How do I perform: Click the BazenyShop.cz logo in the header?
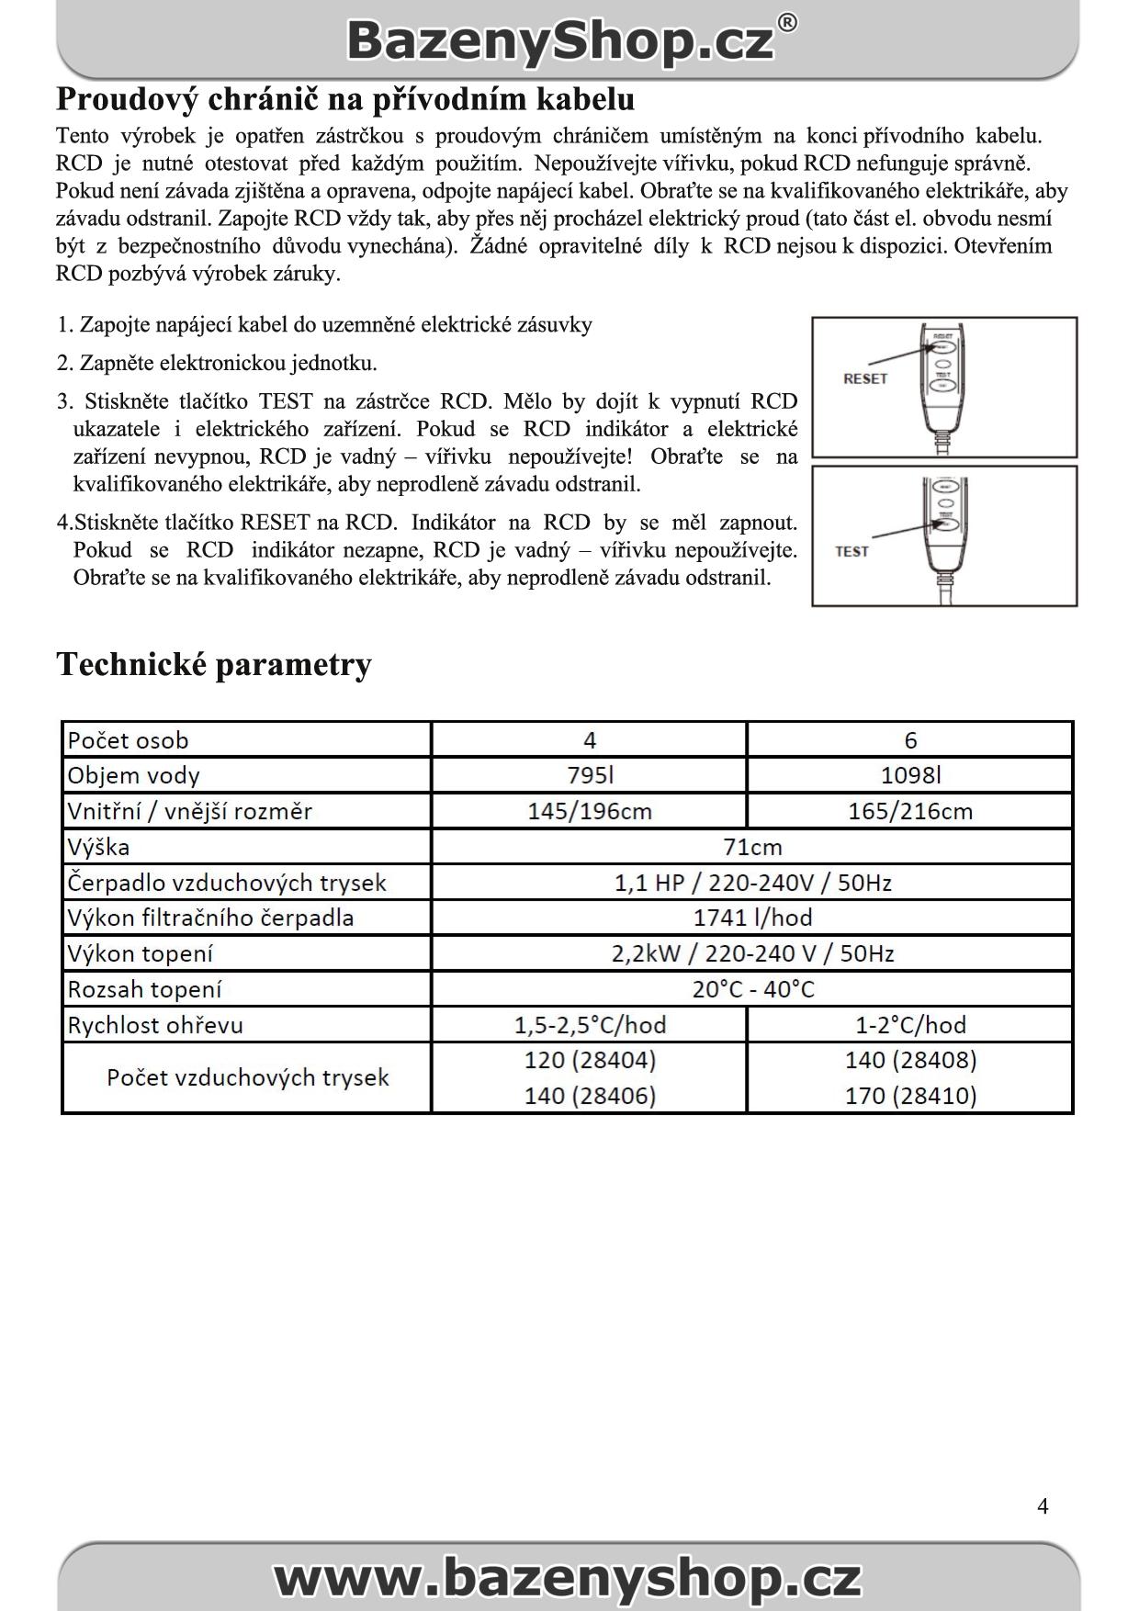(x=569, y=41)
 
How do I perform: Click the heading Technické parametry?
(x=214, y=664)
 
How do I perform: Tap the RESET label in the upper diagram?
(x=865, y=378)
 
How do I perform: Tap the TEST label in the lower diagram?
(x=851, y=551)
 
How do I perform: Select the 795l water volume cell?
(x=590, y=775)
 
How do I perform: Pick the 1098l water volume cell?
(x=910, y=775)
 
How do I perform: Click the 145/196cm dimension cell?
(x=590, y=811)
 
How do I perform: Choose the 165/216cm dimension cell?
(x=910, y=811)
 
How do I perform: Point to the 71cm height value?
(x=752, y=847)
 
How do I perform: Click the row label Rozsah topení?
(x=144, y=989)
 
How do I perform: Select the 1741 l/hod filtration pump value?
(x=752, y=918)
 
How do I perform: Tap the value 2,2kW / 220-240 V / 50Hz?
(x=752, y=953)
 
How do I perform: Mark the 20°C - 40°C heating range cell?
(x=752, y=989)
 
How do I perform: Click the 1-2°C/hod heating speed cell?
(x=910, y=1025)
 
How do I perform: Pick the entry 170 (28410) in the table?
(x=910, y=1096)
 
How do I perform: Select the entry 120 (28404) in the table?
(x=590, y=1060)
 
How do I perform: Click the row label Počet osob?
(x=128, y=740)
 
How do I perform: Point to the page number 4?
(x=1043, y=1506)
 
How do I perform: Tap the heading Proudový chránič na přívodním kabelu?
(x=345, y=99)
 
